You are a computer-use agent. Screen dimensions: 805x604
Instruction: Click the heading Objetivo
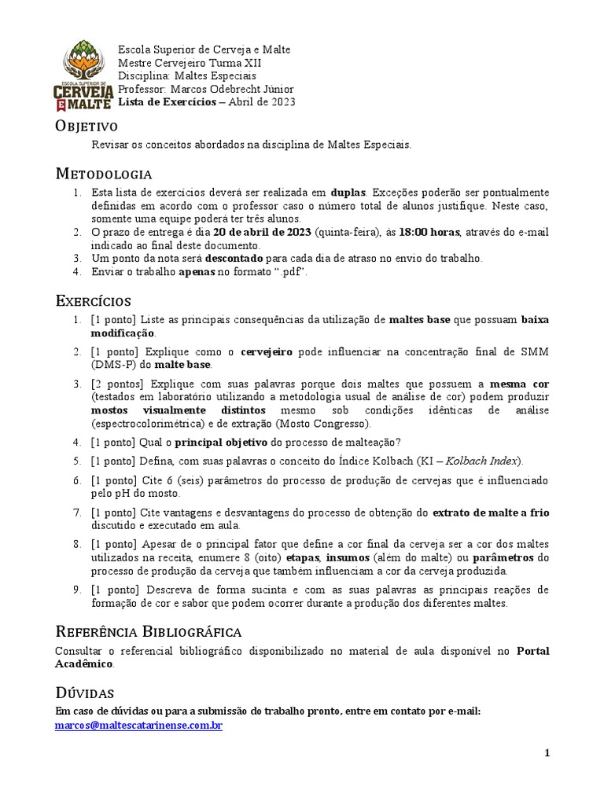86,126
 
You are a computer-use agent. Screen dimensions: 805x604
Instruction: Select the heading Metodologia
103,174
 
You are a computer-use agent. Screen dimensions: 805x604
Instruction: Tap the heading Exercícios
93,301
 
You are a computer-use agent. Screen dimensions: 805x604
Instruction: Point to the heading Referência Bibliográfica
148,632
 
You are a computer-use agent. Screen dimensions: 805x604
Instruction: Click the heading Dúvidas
84,693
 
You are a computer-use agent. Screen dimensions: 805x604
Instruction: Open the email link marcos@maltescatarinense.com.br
138,726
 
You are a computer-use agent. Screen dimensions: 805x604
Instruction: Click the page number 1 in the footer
547,753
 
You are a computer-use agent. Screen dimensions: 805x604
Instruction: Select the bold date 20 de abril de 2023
262,233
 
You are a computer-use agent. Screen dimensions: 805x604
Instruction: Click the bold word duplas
348,193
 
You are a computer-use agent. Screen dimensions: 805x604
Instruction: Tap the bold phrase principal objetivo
221,442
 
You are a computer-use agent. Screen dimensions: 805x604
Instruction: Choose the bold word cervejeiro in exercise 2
267,351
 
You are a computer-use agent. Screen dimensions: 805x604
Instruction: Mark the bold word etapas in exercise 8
286,557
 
